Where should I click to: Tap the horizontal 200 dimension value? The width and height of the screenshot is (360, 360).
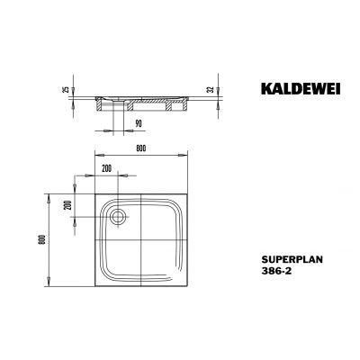tap(107, 168)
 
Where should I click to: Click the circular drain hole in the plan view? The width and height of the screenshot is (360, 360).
tap(118, 217)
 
